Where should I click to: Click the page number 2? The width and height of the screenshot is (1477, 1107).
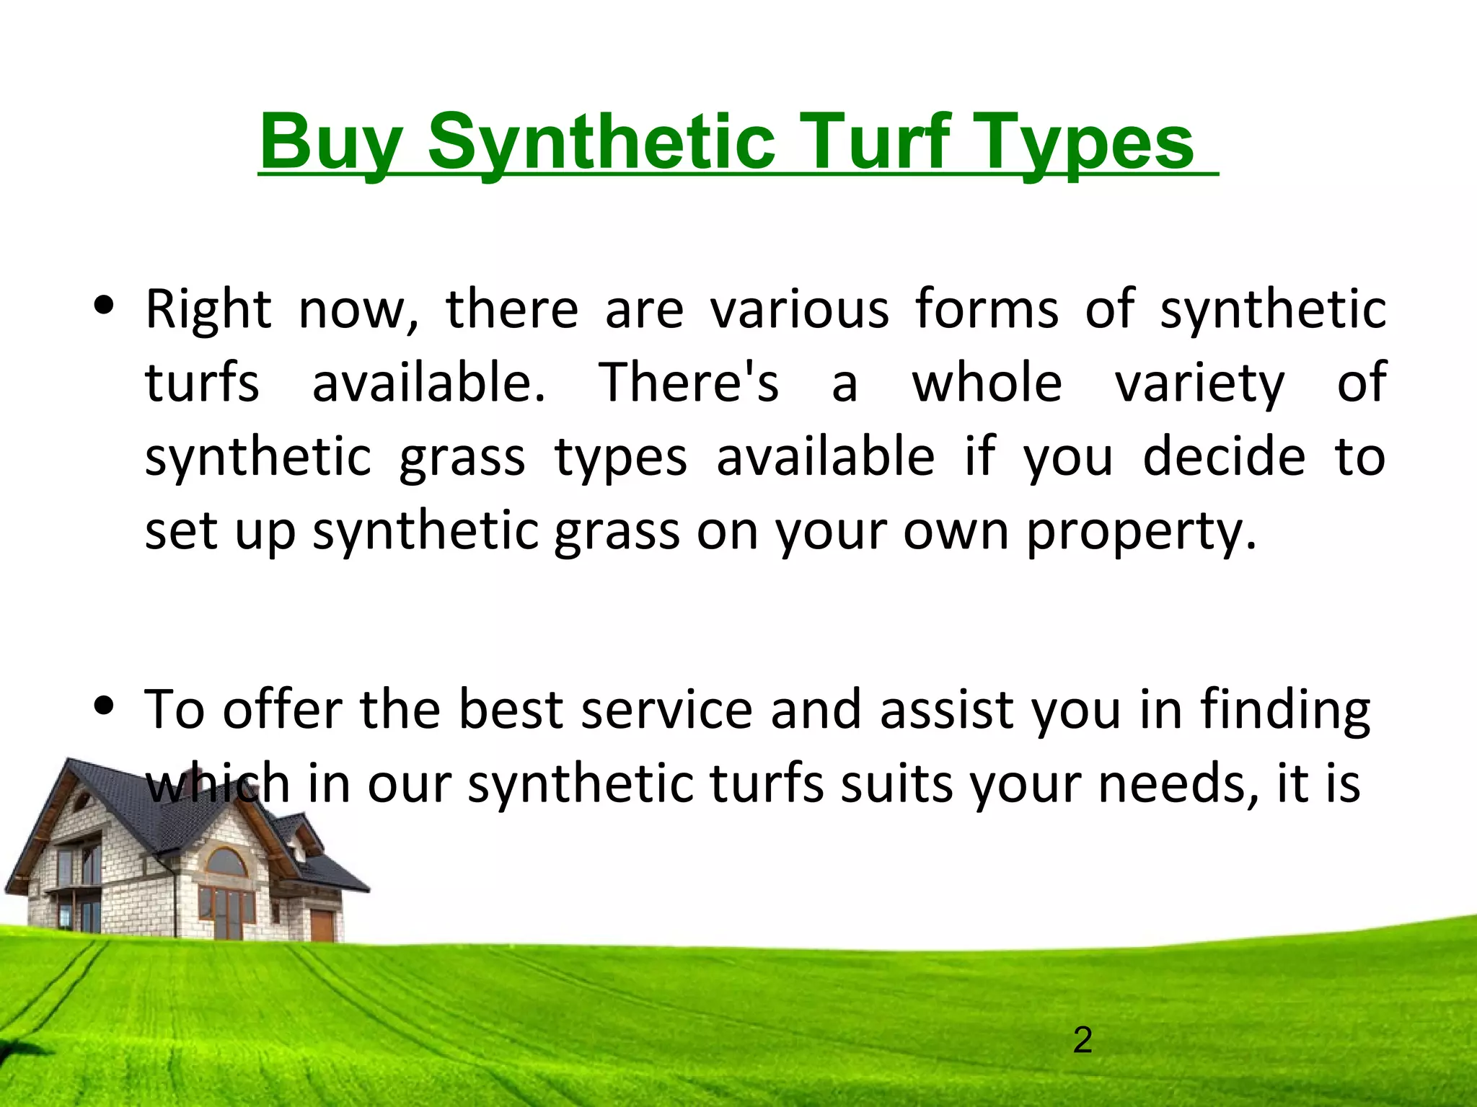(1083, 1040)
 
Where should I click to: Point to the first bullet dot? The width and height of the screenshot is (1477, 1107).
(105, 306)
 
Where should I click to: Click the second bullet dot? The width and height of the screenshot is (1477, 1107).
(105, 706)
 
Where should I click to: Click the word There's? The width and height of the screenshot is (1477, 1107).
(689, 382)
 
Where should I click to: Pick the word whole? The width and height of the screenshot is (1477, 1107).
(987, 382)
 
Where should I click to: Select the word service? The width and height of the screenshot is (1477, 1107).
(667, 710)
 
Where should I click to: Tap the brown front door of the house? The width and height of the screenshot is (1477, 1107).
(322, 925)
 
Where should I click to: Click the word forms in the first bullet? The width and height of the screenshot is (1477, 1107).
(987, 308)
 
